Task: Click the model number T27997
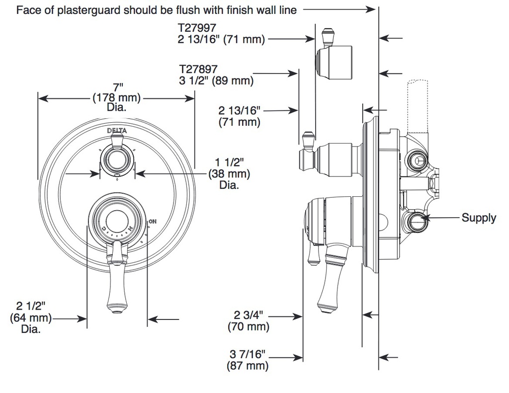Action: pos(197,27)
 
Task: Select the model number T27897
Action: pos(198,69)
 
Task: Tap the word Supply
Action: pos(479,218)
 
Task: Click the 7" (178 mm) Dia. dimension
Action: pos(116,97)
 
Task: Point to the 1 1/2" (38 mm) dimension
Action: pos(229,173)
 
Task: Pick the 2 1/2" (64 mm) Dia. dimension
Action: pos(31,317)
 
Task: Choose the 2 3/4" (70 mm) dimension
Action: pos(249,320)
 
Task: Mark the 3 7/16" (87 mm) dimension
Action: pos(248,360)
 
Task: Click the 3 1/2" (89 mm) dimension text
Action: pos(216,80)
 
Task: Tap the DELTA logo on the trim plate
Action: pos(117,131)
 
